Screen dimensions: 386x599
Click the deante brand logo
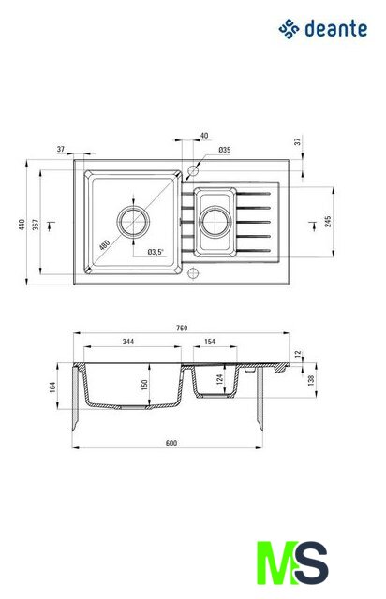pos(322,29)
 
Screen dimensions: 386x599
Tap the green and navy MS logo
pos(292,562)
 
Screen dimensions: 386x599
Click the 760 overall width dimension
pos(182,328)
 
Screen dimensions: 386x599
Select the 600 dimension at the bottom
pos(171,443)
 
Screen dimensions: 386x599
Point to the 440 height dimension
pos(22,225)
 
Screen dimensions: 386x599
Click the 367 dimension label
pos(36,225)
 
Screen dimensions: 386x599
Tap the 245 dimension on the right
pos(328,222)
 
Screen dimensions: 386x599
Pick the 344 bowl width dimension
pos(128,342)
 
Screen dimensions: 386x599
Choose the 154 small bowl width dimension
pos(210,342)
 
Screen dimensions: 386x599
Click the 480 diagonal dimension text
pos(104,244)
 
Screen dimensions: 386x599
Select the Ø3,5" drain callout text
pos(156,252)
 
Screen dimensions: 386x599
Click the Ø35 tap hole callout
pos(225,150)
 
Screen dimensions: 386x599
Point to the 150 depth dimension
pos(144,385)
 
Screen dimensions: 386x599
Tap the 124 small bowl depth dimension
pos(219,379)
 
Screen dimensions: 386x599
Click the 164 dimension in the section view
pos(52,387)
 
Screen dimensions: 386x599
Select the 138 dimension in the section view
pos(311,380)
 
